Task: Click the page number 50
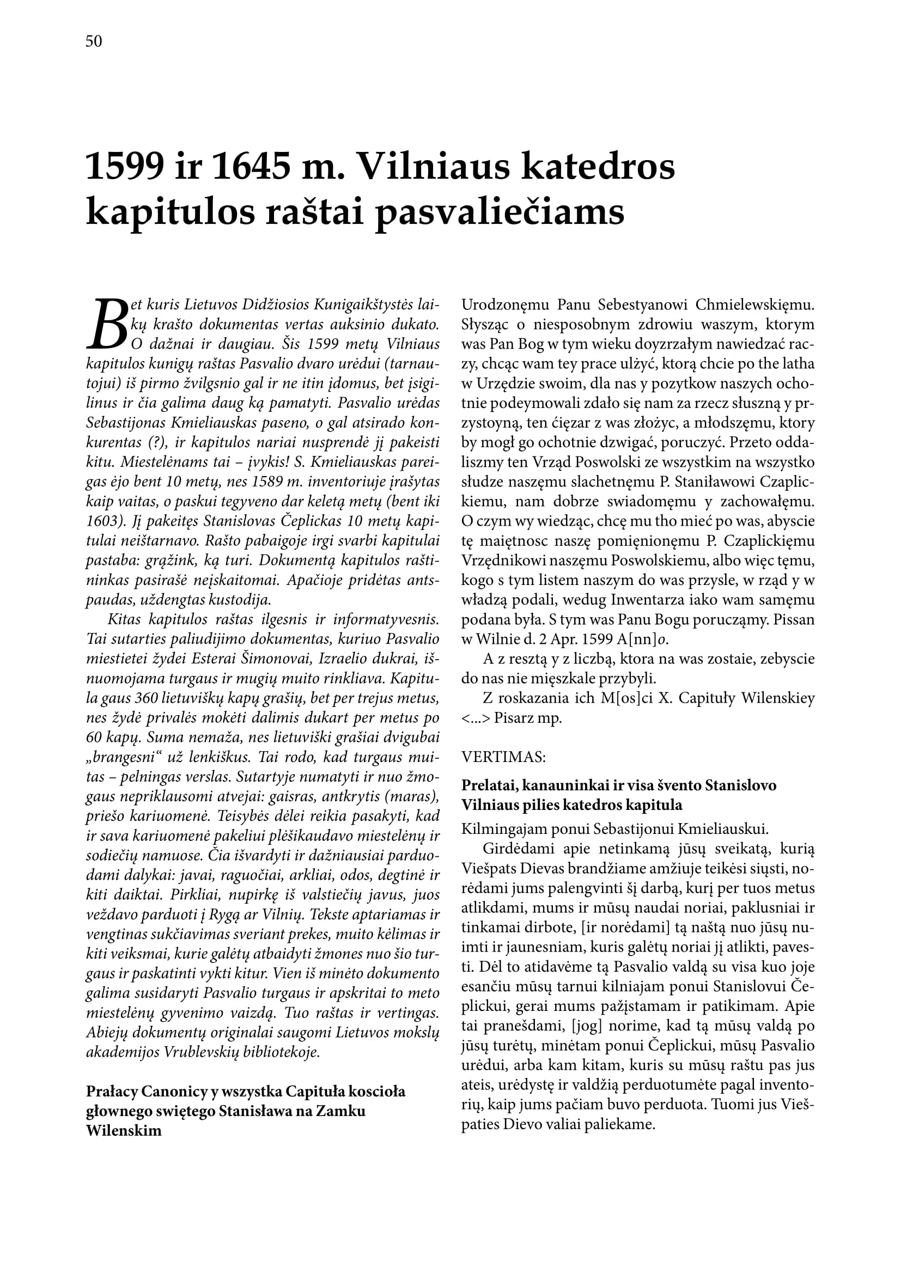coord(94,41)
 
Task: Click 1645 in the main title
coord(251,167)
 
